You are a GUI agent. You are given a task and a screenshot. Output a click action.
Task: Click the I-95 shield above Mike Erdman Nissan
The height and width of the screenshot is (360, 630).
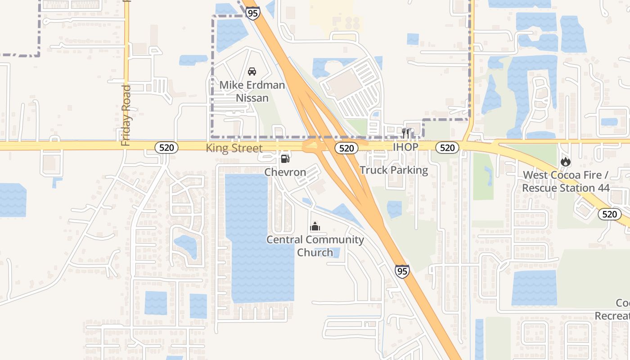click(252, 13)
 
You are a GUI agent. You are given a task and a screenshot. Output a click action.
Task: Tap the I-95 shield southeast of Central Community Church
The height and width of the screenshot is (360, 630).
click(402, 271)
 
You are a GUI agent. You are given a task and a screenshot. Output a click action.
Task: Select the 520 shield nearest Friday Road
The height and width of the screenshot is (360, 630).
click(166, 147)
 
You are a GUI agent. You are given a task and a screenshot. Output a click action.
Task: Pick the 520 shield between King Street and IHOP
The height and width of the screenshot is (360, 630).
click(346, 148)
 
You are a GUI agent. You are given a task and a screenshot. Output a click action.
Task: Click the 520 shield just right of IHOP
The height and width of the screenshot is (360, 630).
click(447, 148)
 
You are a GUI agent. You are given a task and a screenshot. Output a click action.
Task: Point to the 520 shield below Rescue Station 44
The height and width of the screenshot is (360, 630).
click(609, 214)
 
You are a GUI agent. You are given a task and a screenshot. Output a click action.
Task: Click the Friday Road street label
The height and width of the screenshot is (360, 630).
click(126, 115)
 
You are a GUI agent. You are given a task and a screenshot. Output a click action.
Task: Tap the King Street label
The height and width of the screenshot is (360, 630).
click(234, 148)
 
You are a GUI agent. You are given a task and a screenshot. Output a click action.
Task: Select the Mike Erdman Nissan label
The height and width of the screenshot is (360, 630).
click(252, 91)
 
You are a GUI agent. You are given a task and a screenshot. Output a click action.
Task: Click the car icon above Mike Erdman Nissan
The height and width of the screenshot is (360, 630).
click(252, 72)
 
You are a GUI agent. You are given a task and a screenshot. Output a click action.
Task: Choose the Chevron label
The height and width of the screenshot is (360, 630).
click(285, 172)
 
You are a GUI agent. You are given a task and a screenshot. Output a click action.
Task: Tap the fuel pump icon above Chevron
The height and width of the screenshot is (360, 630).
click(285, 158)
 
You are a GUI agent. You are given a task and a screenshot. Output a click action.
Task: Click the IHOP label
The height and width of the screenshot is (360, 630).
click(405, 147)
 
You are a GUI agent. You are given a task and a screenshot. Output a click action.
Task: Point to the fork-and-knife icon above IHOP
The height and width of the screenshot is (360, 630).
click(406, 133)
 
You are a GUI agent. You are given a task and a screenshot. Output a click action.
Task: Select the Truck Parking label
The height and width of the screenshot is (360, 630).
click(394, 170)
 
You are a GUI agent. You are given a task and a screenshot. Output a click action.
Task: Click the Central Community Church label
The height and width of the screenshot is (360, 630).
click(315, 246)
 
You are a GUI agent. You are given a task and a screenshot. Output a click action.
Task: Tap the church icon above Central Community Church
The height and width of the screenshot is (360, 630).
click(315, 226)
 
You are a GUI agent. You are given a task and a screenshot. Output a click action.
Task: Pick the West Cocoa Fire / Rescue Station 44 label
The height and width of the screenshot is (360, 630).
click(565, 181)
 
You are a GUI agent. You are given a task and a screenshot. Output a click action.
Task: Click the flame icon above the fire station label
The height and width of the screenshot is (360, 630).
click(565, 162)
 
